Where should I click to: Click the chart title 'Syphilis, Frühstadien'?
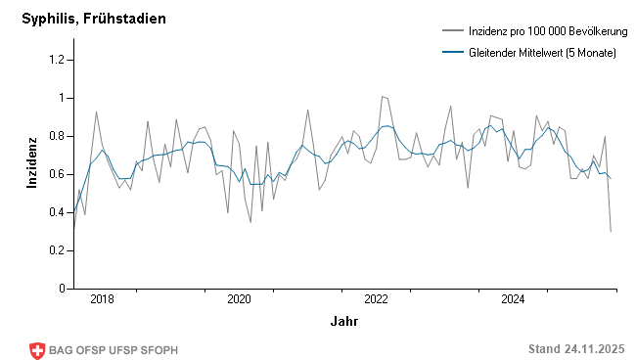click(x=94, y=19)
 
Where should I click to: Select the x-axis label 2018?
click(x=102, y=299)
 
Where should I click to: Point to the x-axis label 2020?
click(x=239, y=299)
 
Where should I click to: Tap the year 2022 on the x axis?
click(x=377, y=299)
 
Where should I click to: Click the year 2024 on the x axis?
click(x=514, y=299)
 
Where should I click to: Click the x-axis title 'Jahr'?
click(x=343, y=321)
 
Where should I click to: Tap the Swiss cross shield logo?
click(x=38, y=350)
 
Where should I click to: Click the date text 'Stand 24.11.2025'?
click(x=575, y=349)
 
